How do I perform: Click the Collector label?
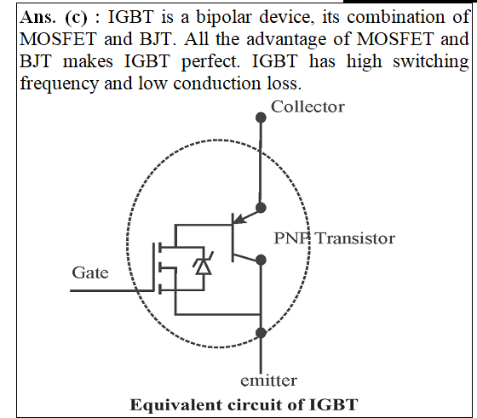(307, 107)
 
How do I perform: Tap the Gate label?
(90, 272)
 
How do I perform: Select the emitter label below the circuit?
(268, 381)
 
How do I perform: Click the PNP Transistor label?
(334, 238)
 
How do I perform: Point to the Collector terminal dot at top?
(261, 117)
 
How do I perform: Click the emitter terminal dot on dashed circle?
(261, 333)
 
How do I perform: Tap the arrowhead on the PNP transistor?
(240, 219)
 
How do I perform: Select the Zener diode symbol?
(204, 264)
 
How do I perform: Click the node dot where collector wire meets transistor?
(261, 208)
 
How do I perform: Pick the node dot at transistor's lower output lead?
(261, 260)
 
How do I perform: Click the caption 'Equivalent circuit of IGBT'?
(244, 405)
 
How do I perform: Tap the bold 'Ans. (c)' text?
(53, 18)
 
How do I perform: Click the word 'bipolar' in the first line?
(224, 18)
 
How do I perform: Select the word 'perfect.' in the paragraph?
(210, 62)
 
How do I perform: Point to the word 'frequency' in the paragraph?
(60, 84)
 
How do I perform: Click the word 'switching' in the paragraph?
(430, 62)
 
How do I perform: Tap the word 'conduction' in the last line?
(217, 83)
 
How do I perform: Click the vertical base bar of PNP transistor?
(233, 238)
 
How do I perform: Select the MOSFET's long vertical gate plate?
(153, 267)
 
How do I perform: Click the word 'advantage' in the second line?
(286, 40)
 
